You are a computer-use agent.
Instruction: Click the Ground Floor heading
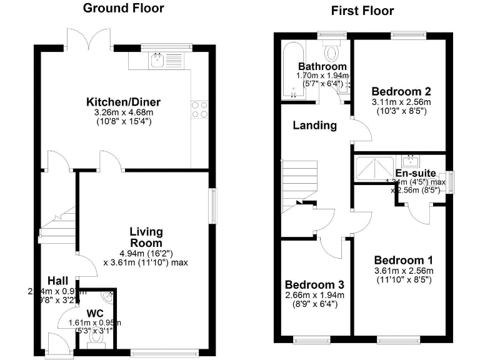(x=123, y=8)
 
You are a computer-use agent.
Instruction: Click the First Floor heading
(x=362, y=11)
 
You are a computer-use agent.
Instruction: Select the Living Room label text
(x=146, y=237)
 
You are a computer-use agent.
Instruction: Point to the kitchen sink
(x=158, y=60)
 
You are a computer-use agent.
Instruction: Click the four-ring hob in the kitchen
(x=199, y=109)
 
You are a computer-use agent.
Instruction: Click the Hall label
(x=57, y=281)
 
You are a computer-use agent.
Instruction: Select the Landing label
(x=315, y=125)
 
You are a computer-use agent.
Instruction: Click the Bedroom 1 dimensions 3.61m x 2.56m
(x=402, y=271)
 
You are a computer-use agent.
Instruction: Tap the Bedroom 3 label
(x=314, y=284)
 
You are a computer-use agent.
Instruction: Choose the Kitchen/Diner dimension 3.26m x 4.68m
(x=123, y=112)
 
